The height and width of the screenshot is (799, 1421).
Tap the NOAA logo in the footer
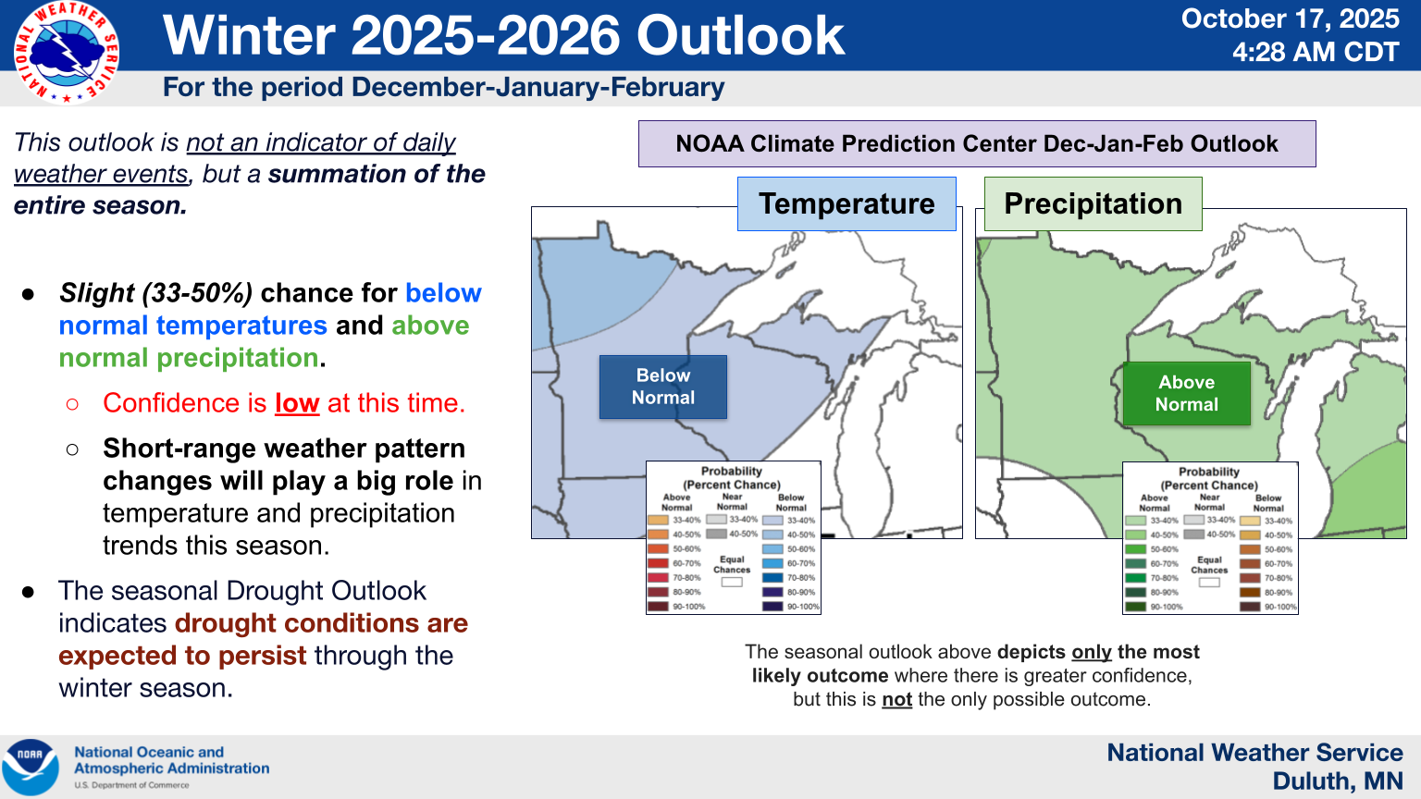tap(30, 767)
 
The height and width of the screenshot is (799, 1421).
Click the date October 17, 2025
tap(1290, 18)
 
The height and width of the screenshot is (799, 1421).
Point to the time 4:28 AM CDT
tap(1315, 52)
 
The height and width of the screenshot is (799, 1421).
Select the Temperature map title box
tap(846, 203)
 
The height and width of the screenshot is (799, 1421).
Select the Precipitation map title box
tap(1093, 203)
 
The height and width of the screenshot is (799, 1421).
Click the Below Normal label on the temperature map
tap(662, 387)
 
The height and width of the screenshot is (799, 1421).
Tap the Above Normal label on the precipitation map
tap(1186, 393)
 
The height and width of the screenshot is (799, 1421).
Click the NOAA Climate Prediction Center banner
tap(976, 143)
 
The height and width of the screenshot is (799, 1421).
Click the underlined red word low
tap(297, 403)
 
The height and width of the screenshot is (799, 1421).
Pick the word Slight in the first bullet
tap(97, 293)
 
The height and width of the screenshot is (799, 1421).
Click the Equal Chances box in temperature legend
tap(732, 582)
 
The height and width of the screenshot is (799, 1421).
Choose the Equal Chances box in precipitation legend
tap(1209, 583)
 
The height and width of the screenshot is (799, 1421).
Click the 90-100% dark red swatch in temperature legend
tap(658, 607)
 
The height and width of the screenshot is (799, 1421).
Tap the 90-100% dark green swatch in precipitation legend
tap(1135, 607)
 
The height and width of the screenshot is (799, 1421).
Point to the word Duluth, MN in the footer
tap(1337, 781)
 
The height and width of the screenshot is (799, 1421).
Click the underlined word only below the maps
tap(1092, 652)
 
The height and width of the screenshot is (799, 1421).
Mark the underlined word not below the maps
tap(896, 699)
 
